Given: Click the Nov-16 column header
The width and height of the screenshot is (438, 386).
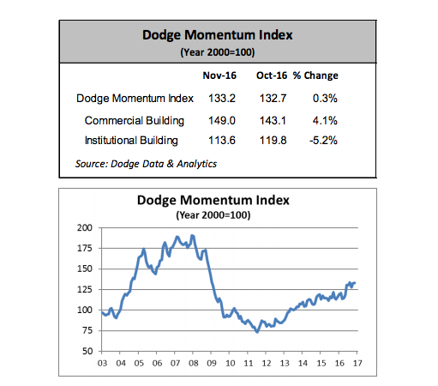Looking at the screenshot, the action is pyautogui.click(x=219, y=75).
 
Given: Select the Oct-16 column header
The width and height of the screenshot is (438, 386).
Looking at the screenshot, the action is pyautogui.click(x=272, y=75).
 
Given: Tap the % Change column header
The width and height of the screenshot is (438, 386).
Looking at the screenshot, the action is pyautogui.click(x=315, y=75).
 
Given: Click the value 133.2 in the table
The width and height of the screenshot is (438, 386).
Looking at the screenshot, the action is pyautogui.click(x=222, y=99).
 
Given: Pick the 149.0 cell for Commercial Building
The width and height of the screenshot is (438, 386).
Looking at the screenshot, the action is pyautogui.click(x=222, y=121).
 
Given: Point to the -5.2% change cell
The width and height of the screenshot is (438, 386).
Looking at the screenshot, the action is pyautogui.click(x=323, y=141).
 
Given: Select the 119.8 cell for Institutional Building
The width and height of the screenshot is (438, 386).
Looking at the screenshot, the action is pyautogui.click(x=273, y=141).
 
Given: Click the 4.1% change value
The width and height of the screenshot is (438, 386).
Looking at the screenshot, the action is pyautogui.click(x=325, y=121).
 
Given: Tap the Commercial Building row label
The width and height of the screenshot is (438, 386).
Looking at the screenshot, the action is pyautogui.click(x=135, y=121).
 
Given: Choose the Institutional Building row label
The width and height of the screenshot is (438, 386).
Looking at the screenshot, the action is pyautogui.click(x=131, y=141).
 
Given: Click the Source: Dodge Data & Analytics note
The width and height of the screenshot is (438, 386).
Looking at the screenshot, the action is pyautogui.click(x=146, y=164).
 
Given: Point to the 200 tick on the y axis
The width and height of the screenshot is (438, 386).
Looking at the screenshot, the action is pyautogui.click(x=85, y=228).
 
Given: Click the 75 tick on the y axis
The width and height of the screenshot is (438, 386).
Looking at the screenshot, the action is pyautogui.click(x=87, y=330).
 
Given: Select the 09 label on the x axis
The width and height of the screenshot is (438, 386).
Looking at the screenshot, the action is pyautogui.click(x=212, y=363).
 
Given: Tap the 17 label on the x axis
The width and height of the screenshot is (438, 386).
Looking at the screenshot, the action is pyautogui.click(x=357, y=363).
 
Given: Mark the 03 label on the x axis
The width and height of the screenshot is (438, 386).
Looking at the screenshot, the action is pyautogui.click(x=102, y=363).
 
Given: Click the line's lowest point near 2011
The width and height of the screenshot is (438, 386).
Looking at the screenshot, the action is pyautogui.click(x=257, y=332).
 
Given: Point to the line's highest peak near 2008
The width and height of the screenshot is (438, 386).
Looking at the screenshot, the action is pyautogui.click(x=192, y=235).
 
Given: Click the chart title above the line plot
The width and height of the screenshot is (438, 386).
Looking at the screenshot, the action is pyautogui.click(x=213, y=200).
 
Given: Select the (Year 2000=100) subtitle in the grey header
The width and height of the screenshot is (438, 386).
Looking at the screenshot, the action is pyautogui.click(x=218, y=52).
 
